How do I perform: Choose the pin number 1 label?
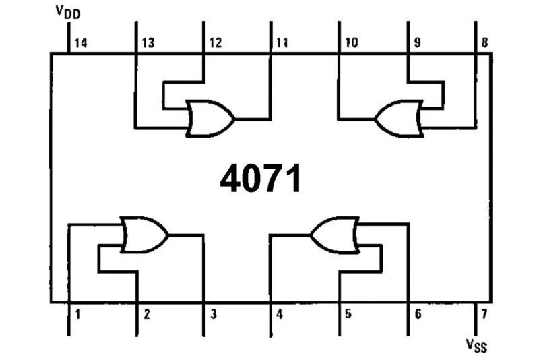[78, 314]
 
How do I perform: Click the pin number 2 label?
[146, 314]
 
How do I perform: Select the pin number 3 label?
[214, 314]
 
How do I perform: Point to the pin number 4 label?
[280, 314]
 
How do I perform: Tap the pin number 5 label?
[348, 314]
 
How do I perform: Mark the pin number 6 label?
[418, 314]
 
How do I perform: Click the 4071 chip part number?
[261, 179]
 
